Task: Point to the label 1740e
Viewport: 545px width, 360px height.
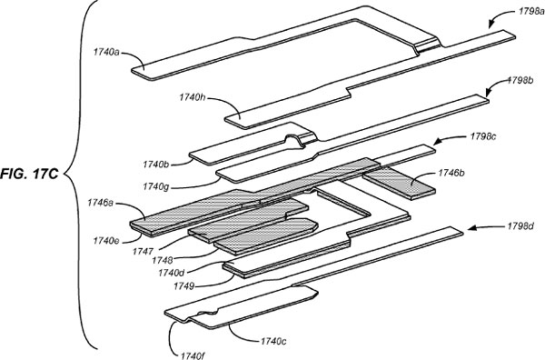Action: [107, 238]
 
